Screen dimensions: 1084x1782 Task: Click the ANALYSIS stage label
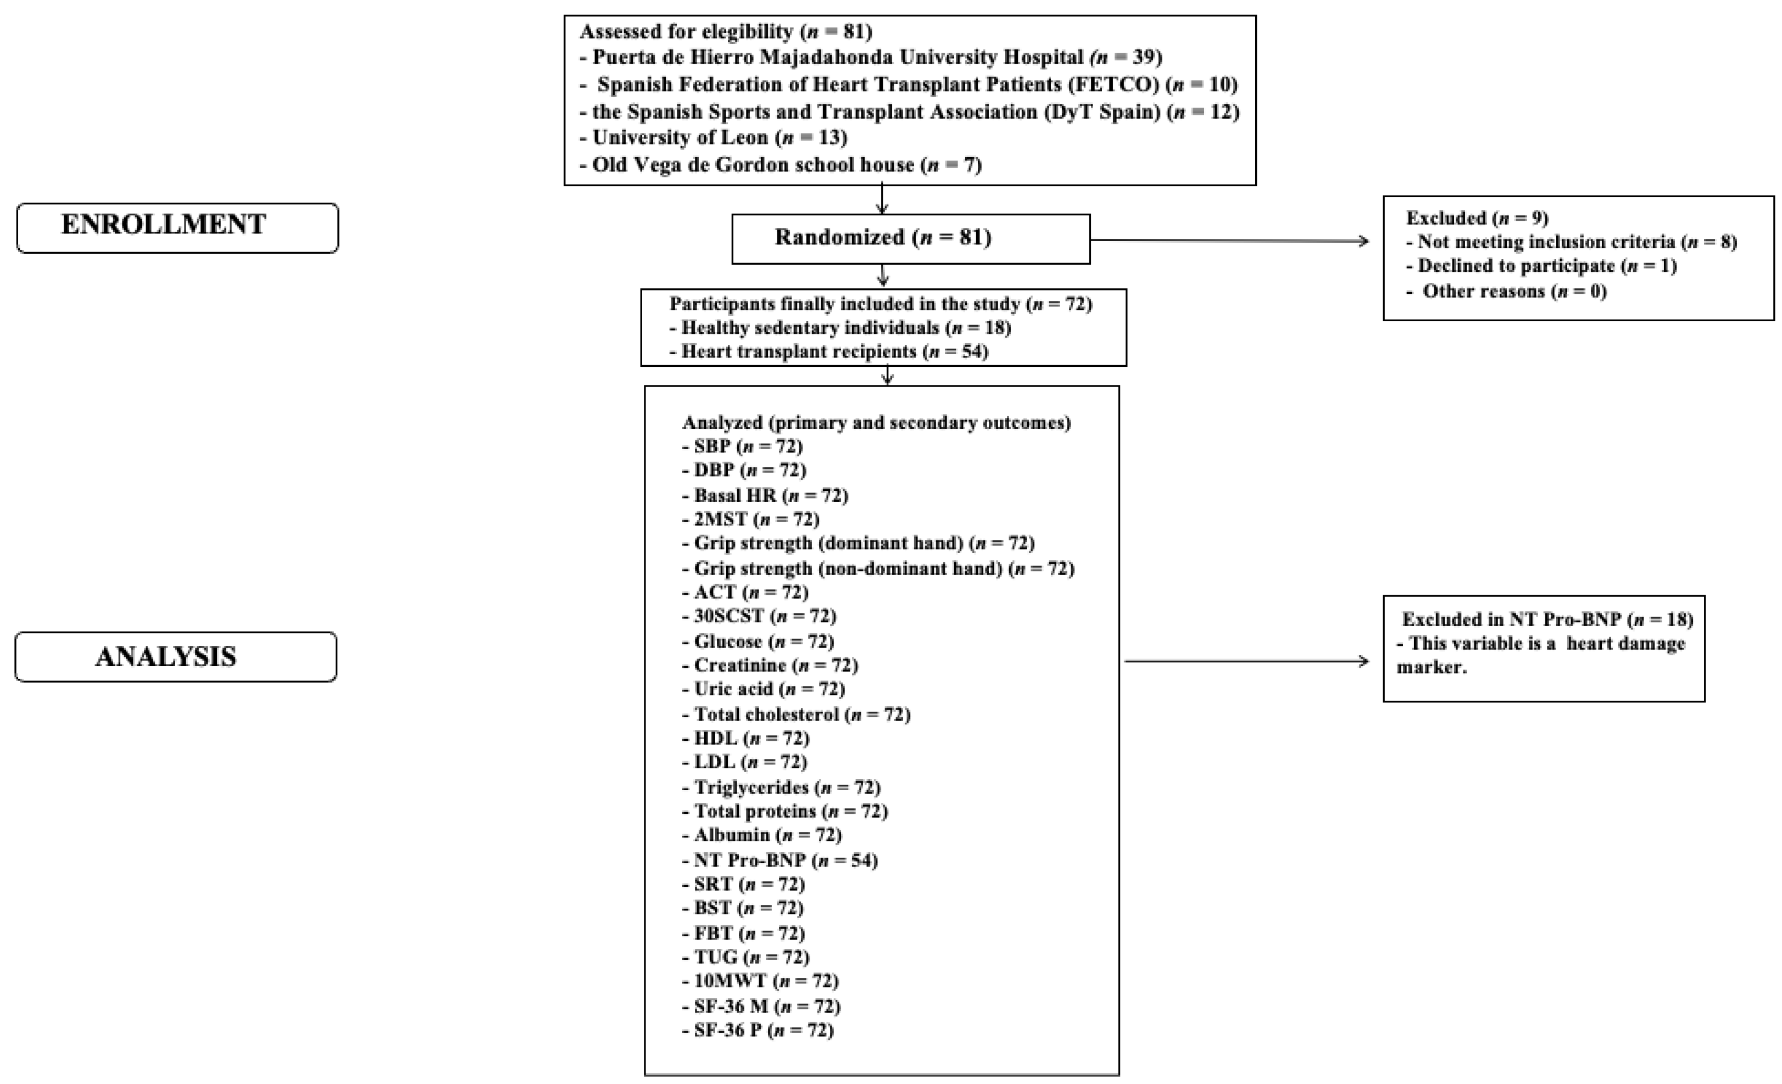(x=176, y=657)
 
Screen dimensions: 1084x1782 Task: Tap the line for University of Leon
(x=720, y=137)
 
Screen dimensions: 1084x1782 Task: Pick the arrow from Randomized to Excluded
(x=1229, y=240)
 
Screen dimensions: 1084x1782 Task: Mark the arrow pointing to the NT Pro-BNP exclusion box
(x=1246, y=661)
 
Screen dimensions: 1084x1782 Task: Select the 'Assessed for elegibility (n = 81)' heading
(x=726, y=32)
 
